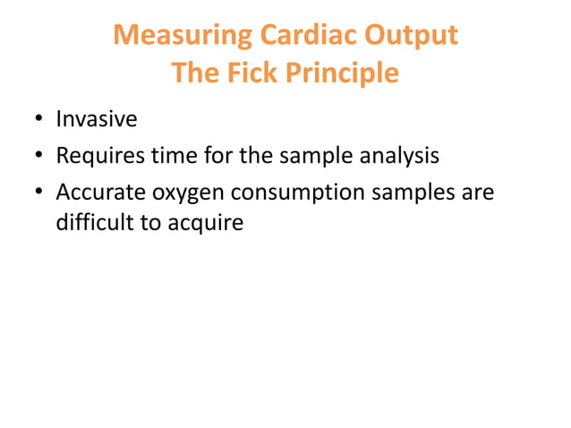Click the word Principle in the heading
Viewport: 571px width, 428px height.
point(341,73)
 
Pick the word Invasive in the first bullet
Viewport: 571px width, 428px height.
point(97,118)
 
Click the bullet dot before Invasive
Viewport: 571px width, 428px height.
point(39,119)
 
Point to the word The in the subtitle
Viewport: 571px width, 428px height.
point(195,73)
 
